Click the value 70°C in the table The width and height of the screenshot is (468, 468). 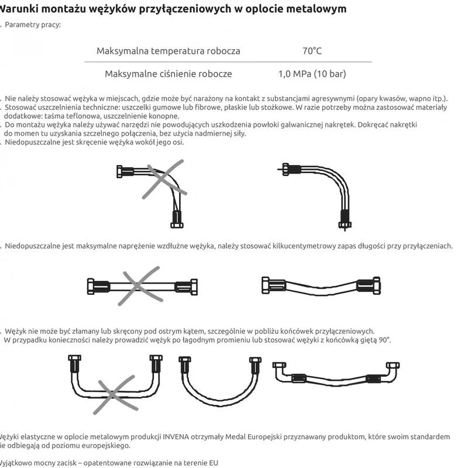click(312, 51)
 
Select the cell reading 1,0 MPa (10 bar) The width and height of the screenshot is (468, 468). click(312, 74)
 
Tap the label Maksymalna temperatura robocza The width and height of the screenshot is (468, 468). click(168, 51)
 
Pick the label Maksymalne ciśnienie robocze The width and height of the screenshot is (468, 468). click(168, 74)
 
